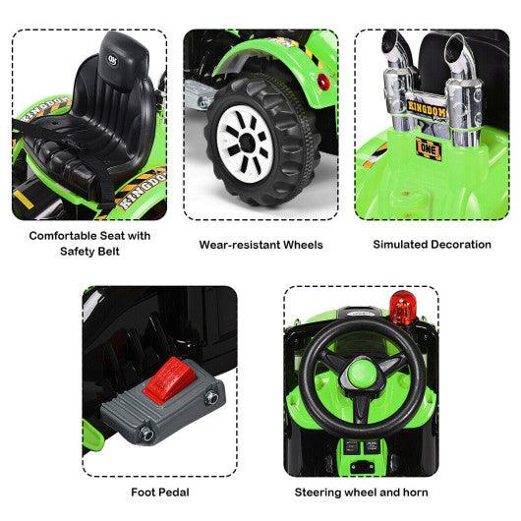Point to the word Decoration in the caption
pyautogui.click(x=452, y=243)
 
